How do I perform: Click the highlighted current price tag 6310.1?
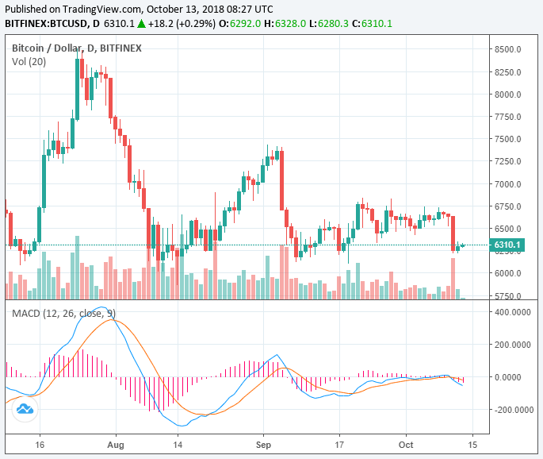[507, 245]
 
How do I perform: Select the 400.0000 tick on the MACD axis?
[511, 312]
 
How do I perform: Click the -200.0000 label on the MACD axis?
[510, 410]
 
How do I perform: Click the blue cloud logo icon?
[25, 408]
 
